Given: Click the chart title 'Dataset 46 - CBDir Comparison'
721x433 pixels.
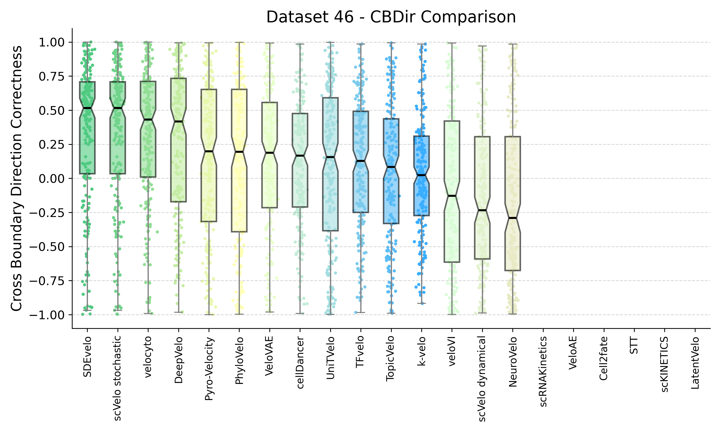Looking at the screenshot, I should (391, 17).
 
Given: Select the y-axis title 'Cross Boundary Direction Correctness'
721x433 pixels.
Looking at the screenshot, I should (17, 178).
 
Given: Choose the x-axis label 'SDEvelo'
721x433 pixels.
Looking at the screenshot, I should (87, 357).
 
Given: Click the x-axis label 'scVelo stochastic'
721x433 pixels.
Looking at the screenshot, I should (118, 378).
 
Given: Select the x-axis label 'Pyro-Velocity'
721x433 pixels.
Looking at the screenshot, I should (209, 368).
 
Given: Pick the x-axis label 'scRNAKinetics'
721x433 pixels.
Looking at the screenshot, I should (543, 371).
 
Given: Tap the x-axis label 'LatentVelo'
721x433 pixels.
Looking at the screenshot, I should (695, 363).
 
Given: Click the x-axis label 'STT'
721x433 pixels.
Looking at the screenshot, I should (634, 345).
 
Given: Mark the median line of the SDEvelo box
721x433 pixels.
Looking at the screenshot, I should (87, 108).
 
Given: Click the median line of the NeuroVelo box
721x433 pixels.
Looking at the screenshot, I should (513, 218).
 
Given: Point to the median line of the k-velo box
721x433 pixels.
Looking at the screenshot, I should (421, 175).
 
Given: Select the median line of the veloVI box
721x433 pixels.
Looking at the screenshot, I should (452, 196).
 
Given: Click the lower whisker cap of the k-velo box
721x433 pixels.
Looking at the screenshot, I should (421, 303).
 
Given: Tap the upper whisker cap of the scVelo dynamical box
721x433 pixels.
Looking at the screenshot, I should (482, 46).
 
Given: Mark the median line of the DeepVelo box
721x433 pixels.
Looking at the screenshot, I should (178, 121).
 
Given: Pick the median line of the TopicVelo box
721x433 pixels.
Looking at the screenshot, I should (391, 167).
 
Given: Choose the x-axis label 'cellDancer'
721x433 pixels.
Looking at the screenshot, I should (300, 362).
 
